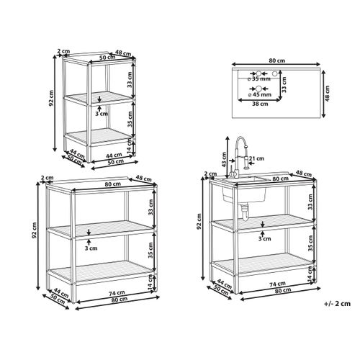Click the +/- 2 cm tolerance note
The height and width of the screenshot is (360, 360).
(x=337, y=304)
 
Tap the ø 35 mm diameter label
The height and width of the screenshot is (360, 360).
(x=259, y=78)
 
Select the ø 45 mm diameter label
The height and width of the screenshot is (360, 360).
(x=260, y=94)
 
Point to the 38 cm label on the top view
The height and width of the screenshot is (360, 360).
(x=260, y=104)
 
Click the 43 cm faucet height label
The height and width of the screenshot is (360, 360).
(x=223, y=160)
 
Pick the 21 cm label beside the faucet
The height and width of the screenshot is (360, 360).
(x=256, y=158)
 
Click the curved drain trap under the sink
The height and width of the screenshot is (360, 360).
(x=245, y=212)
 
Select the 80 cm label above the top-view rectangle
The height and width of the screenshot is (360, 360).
(x=277, y=60)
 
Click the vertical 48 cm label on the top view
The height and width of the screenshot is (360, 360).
(x=328, y=93)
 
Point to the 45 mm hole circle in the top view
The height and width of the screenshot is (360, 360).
(x=258, y=89)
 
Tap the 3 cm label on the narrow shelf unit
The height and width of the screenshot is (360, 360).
(x=102, y=114)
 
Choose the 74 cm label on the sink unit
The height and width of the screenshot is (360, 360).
(x=277, y=284)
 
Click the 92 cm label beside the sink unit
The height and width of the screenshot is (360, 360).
(x=199, y=221)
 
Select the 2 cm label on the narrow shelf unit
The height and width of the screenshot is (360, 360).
(x=63, y=51)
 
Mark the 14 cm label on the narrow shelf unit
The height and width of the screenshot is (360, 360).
(x=130, y=147)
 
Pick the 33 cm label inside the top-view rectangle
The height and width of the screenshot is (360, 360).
(x=284, y=84)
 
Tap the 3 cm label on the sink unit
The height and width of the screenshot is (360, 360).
(x=264, y=238)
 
